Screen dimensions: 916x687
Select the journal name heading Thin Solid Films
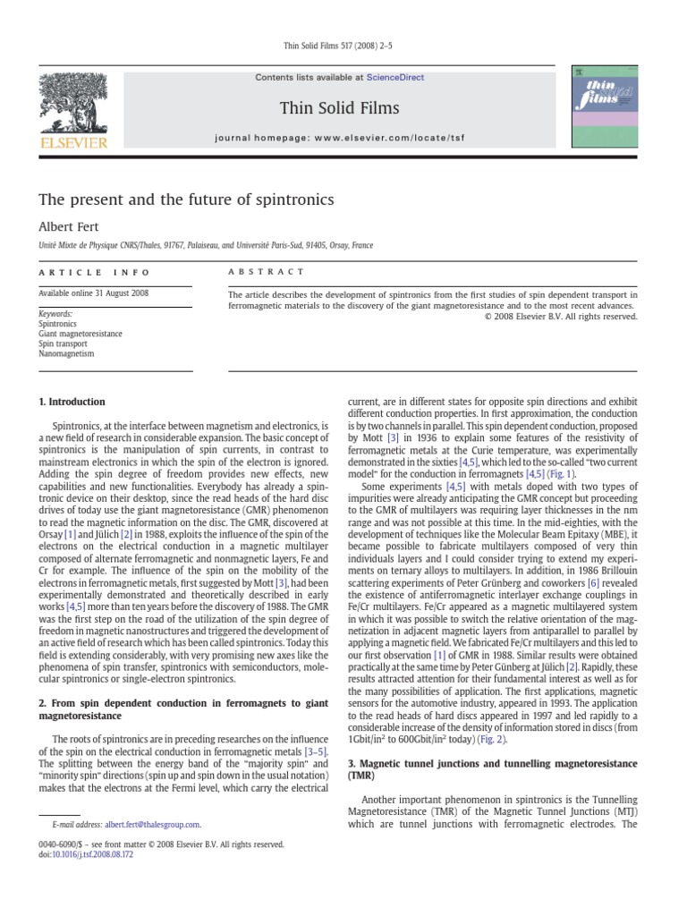pos(339,108)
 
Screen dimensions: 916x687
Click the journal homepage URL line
pos(339,139)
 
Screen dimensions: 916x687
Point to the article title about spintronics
pos(185,199)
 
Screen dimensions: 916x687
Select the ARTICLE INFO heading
pos(96,272)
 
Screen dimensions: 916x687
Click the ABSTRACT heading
pos(267,271)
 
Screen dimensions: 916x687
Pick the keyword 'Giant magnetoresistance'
pos(81,334)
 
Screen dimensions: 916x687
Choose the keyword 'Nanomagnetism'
pos(66,353)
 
